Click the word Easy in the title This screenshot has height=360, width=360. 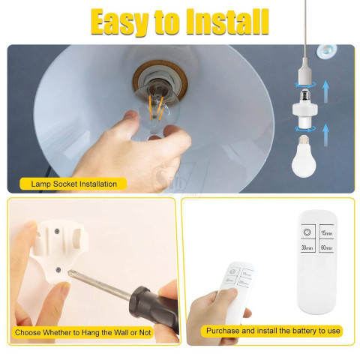tap(119, 22)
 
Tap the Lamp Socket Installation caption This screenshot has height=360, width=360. tap(73, 184)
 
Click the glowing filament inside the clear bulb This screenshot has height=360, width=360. tap(156, 107)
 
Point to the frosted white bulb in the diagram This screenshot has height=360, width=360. tap(304, 157)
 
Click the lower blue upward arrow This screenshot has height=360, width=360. tap(325, 135)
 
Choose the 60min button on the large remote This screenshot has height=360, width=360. tap(326, 247)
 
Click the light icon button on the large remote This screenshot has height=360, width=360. tap(307, 232)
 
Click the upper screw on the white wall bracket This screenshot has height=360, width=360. tap(57, 231)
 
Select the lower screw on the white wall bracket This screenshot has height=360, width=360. tap(58, 270)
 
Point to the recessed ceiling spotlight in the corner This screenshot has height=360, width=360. tap(327, 51)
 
